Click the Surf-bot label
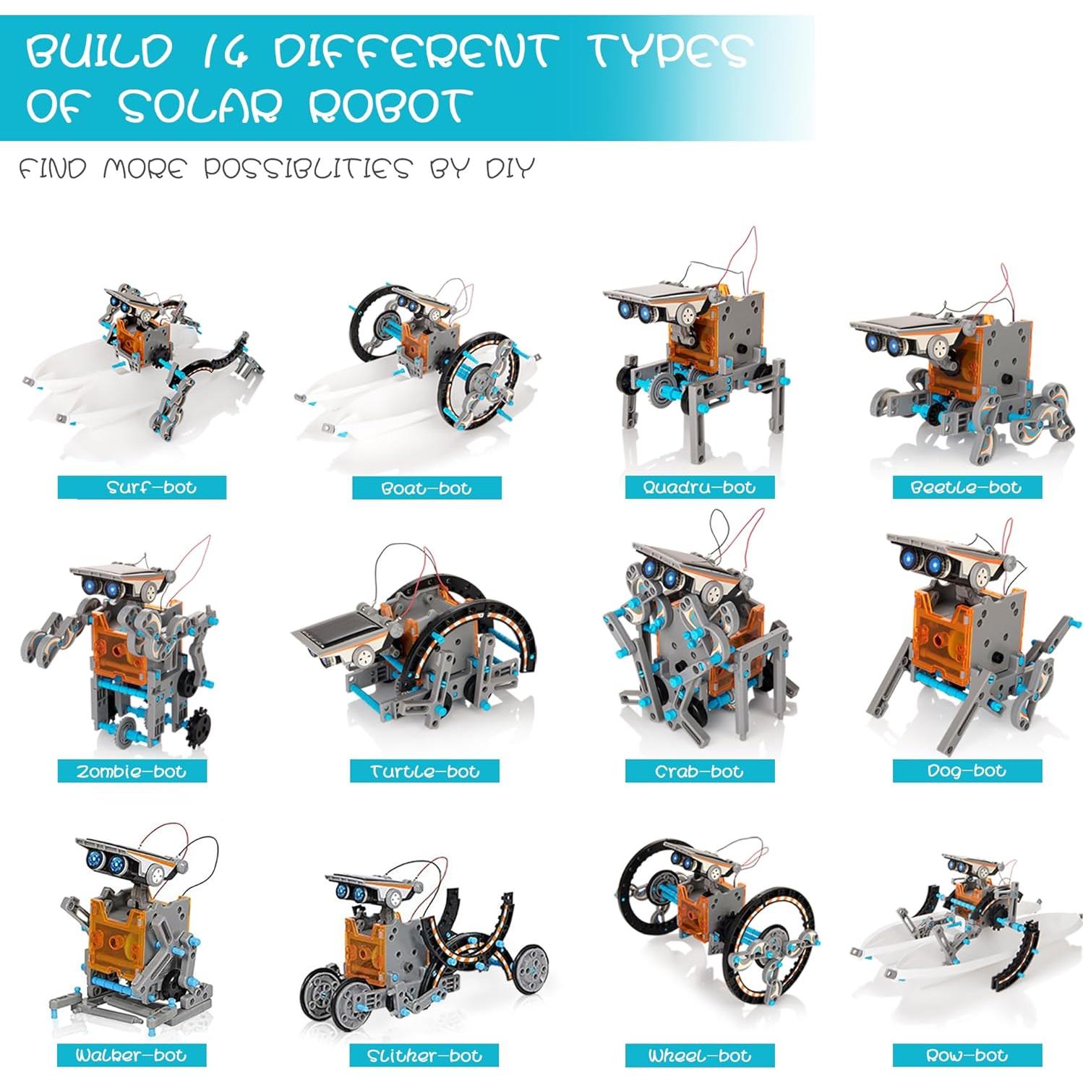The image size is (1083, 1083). click(x=142, y=487)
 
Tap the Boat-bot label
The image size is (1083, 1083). click(x=427, y=488)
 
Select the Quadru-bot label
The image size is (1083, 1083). click(x=699, y=487)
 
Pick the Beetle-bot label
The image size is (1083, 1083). click(x=967, y=487)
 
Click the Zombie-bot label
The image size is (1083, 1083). click(x=132, y=771)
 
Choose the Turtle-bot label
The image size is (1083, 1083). click(x=424, y=771)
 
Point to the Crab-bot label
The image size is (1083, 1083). click(x=699, y=771)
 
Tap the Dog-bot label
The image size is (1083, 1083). click(x=967, y=771)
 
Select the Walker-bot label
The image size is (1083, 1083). click(x=132, y=1055)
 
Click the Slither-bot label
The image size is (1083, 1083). click(x=424, y=1056)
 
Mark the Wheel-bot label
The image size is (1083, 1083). click(x=699, y=1056)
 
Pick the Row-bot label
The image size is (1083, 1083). click(x=967, y=1056)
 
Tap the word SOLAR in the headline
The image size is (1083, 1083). click(x=200, y=106)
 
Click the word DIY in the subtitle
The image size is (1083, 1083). click(x=509, y=168)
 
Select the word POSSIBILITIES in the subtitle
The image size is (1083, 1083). click(x=307, y=168)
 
